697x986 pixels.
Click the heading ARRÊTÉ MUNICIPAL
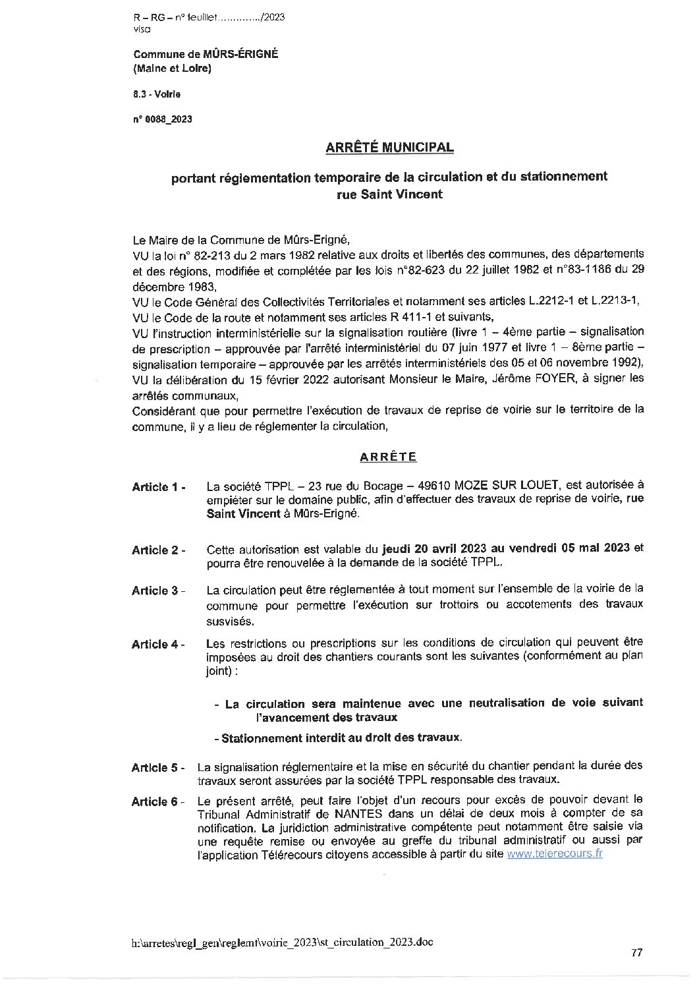click(389, 148)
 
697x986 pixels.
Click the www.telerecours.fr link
click(554, 854)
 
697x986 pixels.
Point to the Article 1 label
click(158, 487)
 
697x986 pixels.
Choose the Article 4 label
click(158, 644)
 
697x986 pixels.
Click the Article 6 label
click(158, 801)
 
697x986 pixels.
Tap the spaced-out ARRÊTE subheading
click(389, 455)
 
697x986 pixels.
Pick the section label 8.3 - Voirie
click(157, 94)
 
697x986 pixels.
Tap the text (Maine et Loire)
click(172, 67)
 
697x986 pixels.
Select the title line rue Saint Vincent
click(389, 194)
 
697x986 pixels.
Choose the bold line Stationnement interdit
click(341, 738)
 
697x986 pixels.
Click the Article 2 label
click(158, 550)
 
